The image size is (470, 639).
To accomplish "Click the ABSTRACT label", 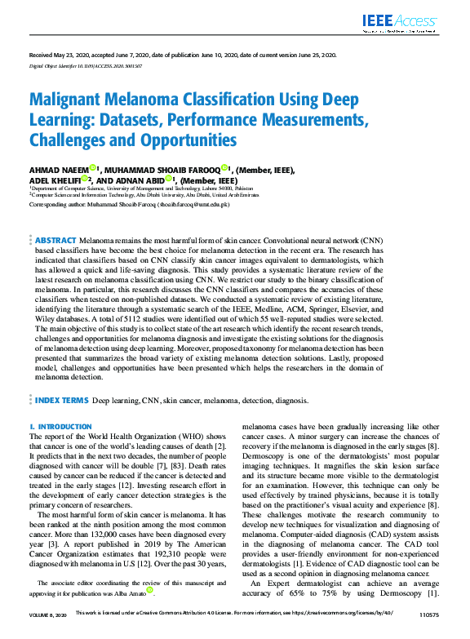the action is pos(55,242).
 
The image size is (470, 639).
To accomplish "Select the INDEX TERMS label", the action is pos(61,402).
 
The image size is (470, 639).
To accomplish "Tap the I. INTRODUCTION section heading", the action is pos(60,427).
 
